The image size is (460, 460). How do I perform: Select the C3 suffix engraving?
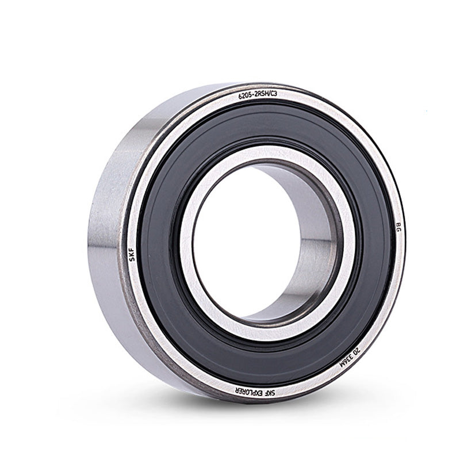click(x=273, y=94)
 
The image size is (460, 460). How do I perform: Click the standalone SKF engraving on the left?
click(x=133, y=254)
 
